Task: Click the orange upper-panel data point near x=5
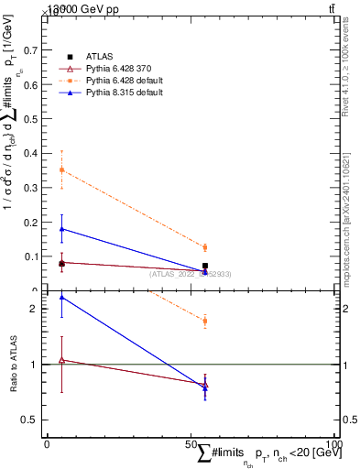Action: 61,170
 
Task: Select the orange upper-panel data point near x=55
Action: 205,247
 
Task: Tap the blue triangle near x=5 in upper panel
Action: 61,229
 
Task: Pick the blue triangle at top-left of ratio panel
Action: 61,297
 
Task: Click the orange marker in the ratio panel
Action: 205,321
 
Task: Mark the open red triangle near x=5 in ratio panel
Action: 61,360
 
